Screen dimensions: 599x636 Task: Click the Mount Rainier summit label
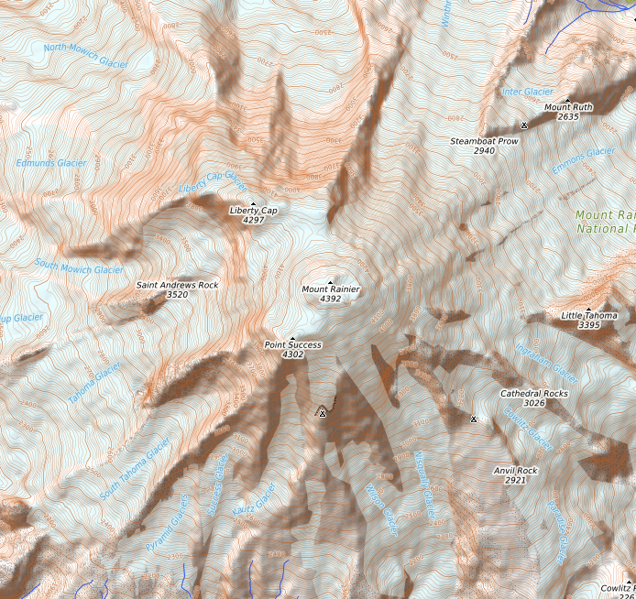tap(331, 289)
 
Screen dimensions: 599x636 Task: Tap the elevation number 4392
tap(331, 299)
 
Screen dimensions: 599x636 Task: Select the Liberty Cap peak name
tap(253, 211)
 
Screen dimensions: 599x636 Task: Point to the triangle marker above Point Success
tap(292, 338)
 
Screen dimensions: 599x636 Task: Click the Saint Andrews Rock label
tap(178, 285)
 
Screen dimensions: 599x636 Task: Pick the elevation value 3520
tap(178, 295)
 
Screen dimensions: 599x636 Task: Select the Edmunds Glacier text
tap(51, 163)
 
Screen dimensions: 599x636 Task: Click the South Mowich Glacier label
tap(80, 269)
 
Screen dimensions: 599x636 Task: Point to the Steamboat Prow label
tap(484, 141)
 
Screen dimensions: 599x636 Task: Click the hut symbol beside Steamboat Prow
tap(524, 125)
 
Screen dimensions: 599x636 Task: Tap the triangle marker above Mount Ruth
tap(568, 99)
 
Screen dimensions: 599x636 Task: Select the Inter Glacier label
tap(528, 92)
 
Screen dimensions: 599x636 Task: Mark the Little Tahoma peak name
tap(589, 315)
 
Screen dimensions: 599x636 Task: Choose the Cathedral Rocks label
tap(533, 393)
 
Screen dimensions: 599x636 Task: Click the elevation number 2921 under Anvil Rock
tap(515, 480)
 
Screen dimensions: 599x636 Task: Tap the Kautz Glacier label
tap(254, 498)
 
